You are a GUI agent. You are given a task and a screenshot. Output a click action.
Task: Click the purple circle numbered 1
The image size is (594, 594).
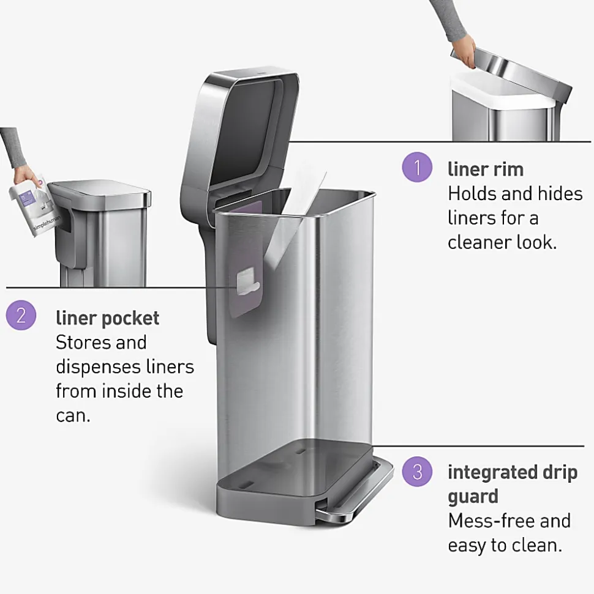(x=417, y=167)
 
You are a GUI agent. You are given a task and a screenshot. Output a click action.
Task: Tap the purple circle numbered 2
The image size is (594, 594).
(x=21, y=315)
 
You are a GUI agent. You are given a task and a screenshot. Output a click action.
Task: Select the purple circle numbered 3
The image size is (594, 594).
(x=417, y=472)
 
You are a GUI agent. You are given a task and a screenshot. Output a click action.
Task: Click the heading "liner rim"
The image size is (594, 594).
(x=486, y=169)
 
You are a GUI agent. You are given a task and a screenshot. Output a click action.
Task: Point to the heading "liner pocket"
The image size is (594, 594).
(x=107, y=319)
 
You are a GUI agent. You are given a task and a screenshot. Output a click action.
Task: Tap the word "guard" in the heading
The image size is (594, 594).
(x=473, y=497)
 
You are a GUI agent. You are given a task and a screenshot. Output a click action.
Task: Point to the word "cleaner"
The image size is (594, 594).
(x=479, y=242)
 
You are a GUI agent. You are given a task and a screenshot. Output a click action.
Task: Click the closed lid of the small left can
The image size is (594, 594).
(x=100, y=191)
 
